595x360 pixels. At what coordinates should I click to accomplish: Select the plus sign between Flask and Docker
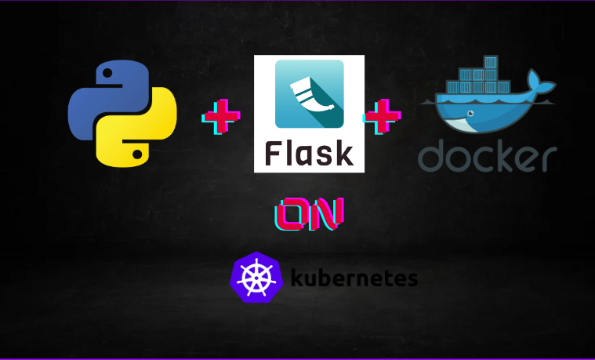click(x=382, y=117)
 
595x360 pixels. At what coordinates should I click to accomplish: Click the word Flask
click(x=309, y=152)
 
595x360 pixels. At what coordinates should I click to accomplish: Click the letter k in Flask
click(x=343, y=152)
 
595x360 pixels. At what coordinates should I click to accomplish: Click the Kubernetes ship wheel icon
click(x=256, y=278)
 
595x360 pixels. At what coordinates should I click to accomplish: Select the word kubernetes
click(x=354, y=278)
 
